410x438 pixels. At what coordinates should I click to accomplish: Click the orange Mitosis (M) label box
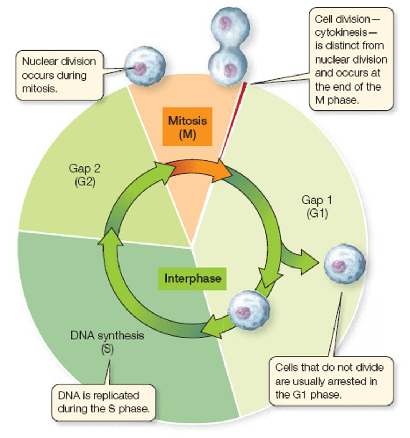(187, 127)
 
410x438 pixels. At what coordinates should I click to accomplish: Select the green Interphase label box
(192, 278)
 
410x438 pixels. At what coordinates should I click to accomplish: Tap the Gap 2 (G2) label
(85, 175)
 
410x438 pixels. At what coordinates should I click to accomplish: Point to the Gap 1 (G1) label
(317, 206)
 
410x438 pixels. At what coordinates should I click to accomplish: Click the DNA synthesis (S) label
(107, 342)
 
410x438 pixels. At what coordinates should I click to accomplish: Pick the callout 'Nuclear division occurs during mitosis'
(59, 75)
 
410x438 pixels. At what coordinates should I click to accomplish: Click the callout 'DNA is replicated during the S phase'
(104, 402)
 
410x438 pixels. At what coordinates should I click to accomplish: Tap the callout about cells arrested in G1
(331, 381)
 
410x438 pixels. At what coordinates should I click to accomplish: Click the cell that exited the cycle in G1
(344, 264)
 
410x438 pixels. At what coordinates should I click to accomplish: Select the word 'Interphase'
(192, 278)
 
